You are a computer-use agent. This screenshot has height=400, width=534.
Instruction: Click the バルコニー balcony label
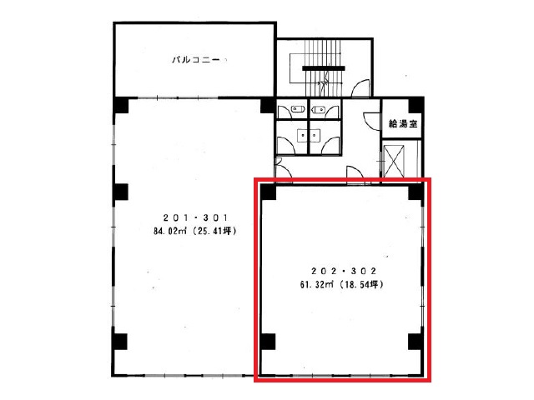[x=196, y=60]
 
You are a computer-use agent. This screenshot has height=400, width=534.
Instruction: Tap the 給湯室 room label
[x=403, y=123]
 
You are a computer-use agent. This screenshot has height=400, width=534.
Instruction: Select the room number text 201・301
[x=195, y=217]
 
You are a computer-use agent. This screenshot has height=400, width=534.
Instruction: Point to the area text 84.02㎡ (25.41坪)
[x=194, y=232]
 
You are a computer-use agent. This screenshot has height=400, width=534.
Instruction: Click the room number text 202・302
[x=343, y=271]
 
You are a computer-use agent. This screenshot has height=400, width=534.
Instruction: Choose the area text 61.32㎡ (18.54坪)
[x=341, y=284]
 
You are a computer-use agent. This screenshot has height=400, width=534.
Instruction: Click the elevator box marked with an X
[x=394, y=161]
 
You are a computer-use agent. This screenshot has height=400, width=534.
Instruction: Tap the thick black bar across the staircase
[x=324, y=68]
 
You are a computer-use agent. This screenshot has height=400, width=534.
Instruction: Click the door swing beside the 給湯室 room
[x=371, y=121]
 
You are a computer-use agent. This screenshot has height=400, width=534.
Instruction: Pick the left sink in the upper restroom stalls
[x=298, y=109]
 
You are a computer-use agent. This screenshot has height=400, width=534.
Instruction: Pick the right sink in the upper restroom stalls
[x=319, y=109]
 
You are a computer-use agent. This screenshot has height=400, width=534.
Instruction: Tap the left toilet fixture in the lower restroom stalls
[x=302, y=135]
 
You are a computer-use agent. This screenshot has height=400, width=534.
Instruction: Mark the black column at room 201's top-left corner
[x=121, y=105]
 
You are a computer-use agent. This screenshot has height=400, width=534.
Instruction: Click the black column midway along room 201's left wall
[x=120, y=192]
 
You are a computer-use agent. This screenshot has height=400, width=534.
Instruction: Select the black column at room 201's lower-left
[x=120, y=342]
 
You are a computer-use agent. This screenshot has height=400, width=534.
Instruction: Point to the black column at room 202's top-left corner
[x=269, y=192]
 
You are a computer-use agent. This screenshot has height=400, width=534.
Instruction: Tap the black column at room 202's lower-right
[x=416, y=342]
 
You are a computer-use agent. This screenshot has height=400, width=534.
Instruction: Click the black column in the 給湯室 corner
[x=416, y=105]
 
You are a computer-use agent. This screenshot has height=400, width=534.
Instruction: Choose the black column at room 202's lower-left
[x=268, y=342]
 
